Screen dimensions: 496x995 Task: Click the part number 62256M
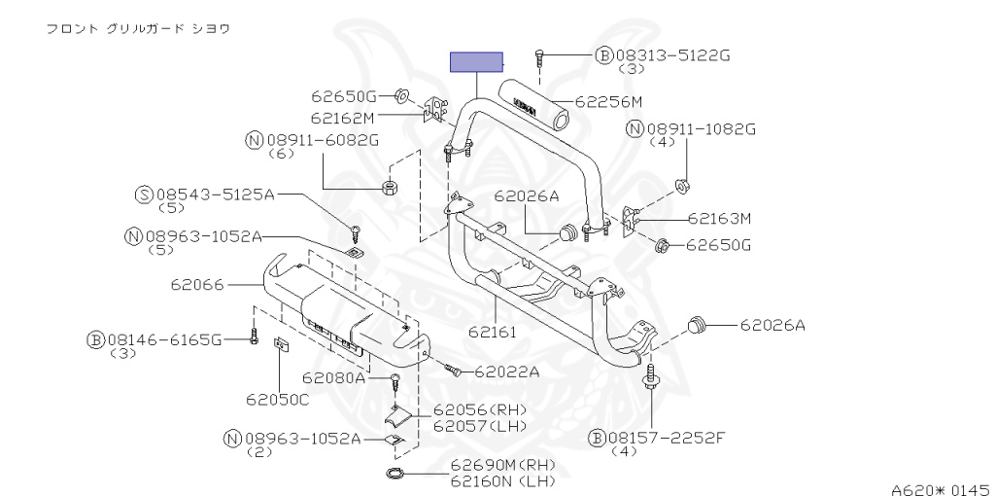pyautogui.click(x=608, y=101)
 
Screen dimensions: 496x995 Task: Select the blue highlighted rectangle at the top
pyautogui.click(x=476, y=62)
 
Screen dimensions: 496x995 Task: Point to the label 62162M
pyautogui.click(x=342, y=118)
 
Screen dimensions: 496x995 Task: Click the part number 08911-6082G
pyautogui.click(x=322, y=140)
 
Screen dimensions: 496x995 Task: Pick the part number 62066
pyautogui.click(x=198, y=285)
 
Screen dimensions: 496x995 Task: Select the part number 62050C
pyautogui.click(x=277, y=399)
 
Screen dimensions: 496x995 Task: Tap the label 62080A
pyautogui.click(x=333, y=377)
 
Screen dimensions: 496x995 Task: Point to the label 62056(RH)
pyautogui.click(x=480, y=410)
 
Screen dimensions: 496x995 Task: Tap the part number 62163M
pyautogui.click(x=720, y=219)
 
